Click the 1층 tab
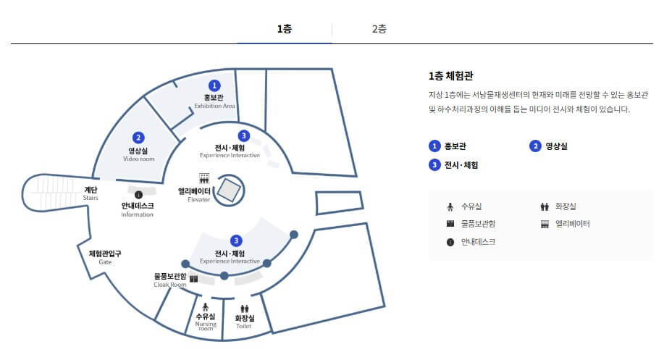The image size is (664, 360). pyautogui.click(x=285, y=29)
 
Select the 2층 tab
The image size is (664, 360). pyautogui.click(x=379, y=29)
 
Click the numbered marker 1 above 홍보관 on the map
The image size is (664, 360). pyautogui.click(x=214, y=86)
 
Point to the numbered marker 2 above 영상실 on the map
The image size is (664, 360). pyautogui.click(x=138, y=137)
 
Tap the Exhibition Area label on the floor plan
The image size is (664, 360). pyautogui.click(x=214, y=106)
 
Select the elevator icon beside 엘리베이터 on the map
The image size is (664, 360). pyautogui.click(x=204, y=177)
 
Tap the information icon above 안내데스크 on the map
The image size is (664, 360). pyautogui.click(x=138, y=194)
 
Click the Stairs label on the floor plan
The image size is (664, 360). pyautogui.click(x=91, y=197)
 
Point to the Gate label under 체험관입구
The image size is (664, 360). pyautogui.click(x=105, y=261)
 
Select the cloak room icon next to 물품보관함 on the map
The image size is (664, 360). pyautogui.click(x=193, y=278)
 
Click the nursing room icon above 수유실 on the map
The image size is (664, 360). pyautogui.click(x=206, y=306)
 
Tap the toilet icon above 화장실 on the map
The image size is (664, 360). pyautogui.click(x=244, y=309)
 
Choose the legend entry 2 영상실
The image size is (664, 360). pyautogui.click(x=549, y=146)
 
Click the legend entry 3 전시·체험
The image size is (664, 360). pyautogui.click(x=453, y=164)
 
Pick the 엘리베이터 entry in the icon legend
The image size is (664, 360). pyautogui.click(x=566, y=224)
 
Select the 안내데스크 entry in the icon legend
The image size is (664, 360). pyautogui.click(x=471, y=242)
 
